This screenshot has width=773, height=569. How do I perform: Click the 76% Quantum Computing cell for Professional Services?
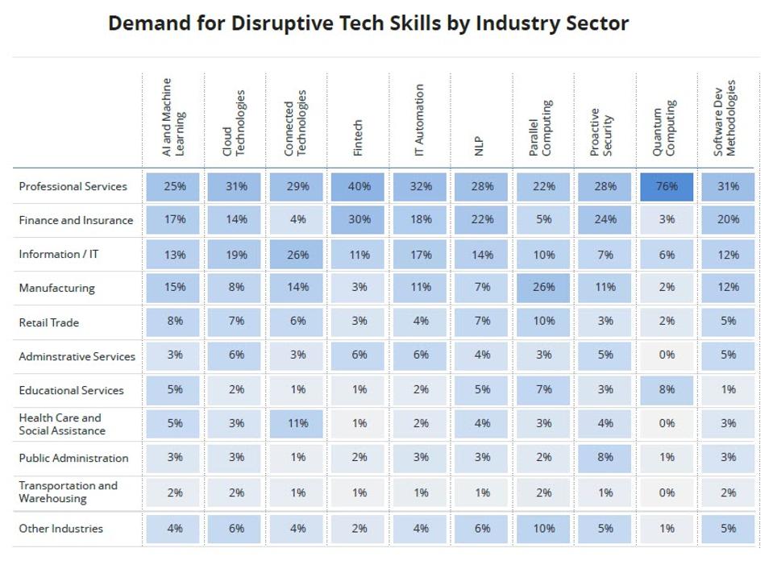tap(666, 186)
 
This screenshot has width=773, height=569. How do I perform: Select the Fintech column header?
tap(359, 137)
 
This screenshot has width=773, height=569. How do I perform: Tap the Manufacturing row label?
tap(56, 289)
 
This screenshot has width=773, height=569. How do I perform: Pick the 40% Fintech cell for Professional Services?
tap(359, 186)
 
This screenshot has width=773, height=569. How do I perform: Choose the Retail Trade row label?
tap(49, 322)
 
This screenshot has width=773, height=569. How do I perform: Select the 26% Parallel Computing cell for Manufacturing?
tap(543, 288)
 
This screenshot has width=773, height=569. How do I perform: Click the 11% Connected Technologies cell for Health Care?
tap(297, 423)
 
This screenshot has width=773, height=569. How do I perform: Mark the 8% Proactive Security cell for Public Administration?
tap(605, 457)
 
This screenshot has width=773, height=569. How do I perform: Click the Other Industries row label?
tap(61, 529)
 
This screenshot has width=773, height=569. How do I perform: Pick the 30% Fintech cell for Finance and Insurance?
tap(359, 220)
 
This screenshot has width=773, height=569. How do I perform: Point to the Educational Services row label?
tap(71, 390)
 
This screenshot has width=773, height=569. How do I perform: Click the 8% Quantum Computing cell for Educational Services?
tap(666, 389)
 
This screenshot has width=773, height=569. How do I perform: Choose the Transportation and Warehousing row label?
tap(68, 492)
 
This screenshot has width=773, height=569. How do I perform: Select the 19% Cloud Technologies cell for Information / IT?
tap(235, 255)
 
